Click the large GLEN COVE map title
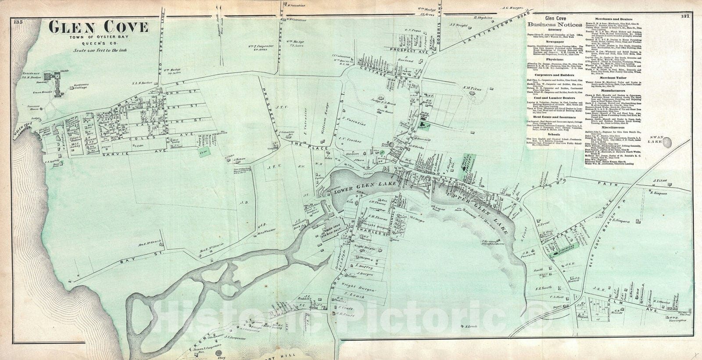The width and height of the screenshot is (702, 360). pyautogui.click(x=98, y=28)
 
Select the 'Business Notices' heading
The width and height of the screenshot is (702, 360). pyautogui.click(x=548, y=24)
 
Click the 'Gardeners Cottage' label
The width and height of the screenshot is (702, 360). pyautogui.click(x=86, y=86)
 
